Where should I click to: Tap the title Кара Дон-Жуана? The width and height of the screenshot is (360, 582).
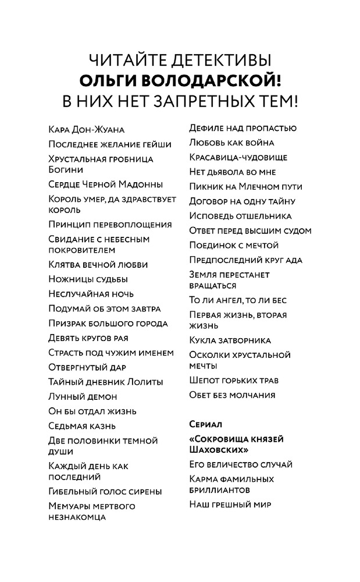[x=86, y=129]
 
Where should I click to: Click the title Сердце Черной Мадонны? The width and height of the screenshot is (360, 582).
[x=105, y=184]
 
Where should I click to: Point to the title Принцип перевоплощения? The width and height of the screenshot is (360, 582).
[x=110, y=225]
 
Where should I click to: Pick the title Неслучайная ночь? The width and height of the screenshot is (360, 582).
[x=91, y=294]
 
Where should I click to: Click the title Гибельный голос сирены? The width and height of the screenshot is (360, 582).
[x=105, y=491]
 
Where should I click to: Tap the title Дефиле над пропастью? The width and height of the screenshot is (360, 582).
[x=243, y=128]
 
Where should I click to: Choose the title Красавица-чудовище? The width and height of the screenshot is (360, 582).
[x=238, y=157]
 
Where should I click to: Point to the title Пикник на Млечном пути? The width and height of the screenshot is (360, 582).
[x=245, y=187]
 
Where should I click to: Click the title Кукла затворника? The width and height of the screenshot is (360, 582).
[x=230, y=340]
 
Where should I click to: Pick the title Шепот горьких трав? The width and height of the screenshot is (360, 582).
[x=234, y=381]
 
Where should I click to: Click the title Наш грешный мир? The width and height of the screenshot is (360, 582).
[x=230, y=505]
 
